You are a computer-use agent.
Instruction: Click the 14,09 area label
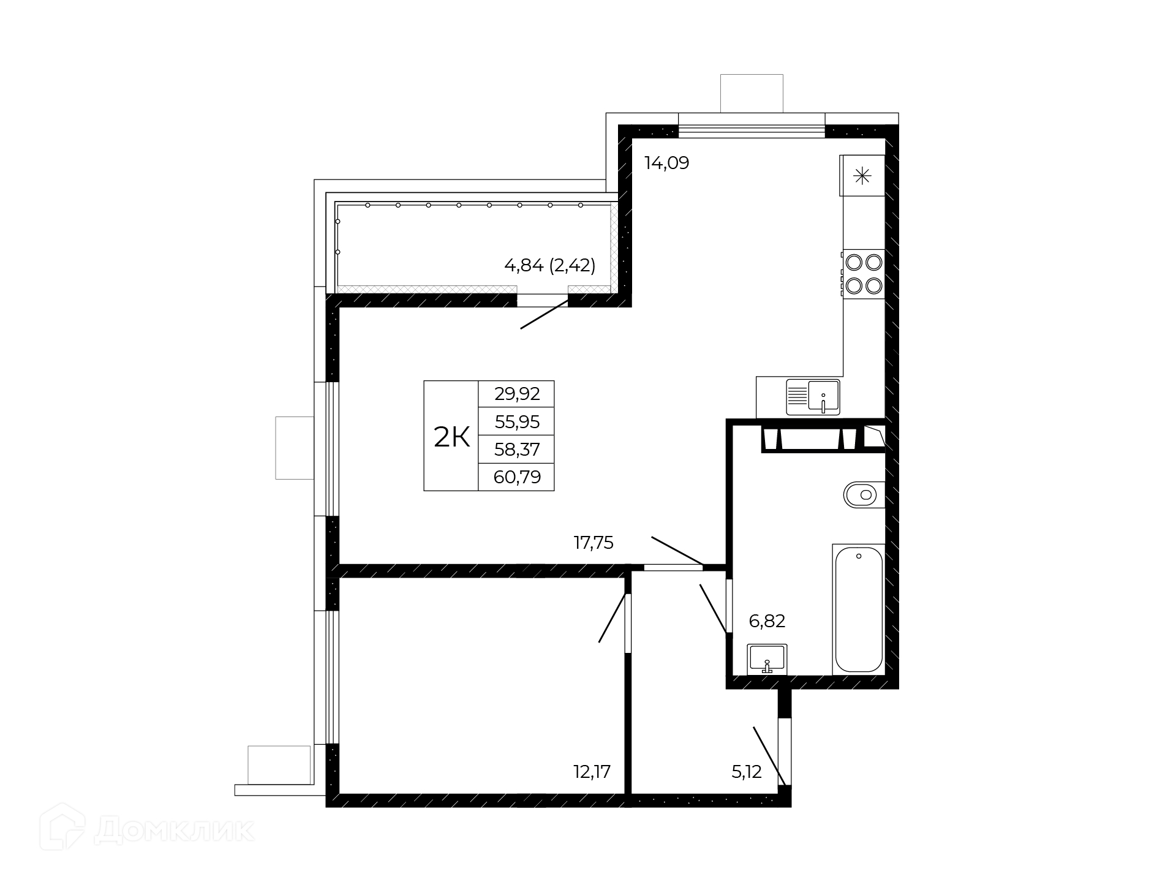666,163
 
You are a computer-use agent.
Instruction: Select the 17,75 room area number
594,543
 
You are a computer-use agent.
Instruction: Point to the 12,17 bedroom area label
592,772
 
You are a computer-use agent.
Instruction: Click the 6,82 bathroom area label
767,621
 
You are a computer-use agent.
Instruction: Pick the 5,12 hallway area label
747,772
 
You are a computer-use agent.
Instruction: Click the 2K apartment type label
451,437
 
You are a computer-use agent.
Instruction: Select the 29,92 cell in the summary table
517,394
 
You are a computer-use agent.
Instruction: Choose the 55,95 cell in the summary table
517,421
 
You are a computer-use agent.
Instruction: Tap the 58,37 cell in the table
517,449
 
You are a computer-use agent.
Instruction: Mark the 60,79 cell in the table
517,477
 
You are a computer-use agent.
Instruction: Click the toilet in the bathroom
864,494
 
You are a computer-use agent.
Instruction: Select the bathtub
858,609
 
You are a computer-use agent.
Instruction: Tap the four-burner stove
864,274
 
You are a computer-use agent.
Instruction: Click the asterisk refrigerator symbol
862,177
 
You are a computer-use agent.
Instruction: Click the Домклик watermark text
175,831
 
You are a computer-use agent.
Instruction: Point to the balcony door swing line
545,314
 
